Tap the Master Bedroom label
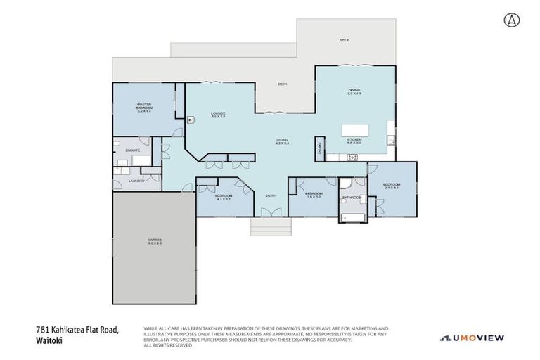144,107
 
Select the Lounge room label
218,115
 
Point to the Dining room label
354,91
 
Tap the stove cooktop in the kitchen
352,157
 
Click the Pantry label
319,148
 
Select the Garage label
155,241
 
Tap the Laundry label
136,181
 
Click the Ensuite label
133,150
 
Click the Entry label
271,195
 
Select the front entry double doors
271,212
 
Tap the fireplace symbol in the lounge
190,120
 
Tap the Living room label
282,141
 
